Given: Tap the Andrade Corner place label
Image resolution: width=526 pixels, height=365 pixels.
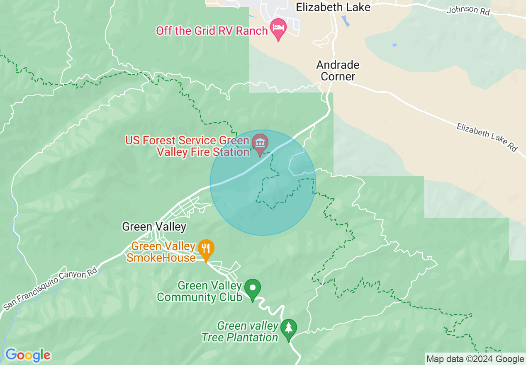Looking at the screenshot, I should tap(338, 71).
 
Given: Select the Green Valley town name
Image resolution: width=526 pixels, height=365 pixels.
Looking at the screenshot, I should tap(154, 226).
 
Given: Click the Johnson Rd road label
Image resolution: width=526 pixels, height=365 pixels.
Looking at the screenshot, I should tap(468, 10).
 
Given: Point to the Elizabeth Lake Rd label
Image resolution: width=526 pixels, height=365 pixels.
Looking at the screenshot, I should tap(487, 137).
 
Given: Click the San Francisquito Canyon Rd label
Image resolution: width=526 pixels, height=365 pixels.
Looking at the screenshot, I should tap(50, 289).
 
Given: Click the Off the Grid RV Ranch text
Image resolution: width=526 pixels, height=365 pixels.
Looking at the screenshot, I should tap(212, 31).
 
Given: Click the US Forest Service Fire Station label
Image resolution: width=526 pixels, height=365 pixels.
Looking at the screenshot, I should tap(188, 146).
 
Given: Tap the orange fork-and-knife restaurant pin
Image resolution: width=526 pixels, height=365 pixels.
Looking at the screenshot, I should tap(206, 248).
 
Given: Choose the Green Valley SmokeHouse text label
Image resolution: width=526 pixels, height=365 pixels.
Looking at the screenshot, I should tap(161, 252).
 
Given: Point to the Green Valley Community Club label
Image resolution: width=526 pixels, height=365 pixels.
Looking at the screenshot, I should tap(200, 291).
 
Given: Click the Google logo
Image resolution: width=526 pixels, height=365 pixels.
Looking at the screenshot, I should tap(28, 355).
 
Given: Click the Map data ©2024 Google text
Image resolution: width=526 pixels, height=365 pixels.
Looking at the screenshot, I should tap(475, 359).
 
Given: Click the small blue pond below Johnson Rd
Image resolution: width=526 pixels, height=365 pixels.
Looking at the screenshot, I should tap(394, 45).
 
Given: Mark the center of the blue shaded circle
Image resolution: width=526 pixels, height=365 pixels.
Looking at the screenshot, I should tap(263, 182).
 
